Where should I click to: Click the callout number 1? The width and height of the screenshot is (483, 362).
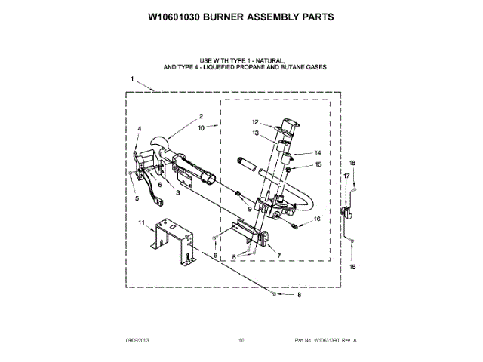[x=132, y=79]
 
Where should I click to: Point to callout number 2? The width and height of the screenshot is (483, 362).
[x=202, y=116]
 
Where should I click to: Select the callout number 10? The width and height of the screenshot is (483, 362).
[x=201, y=128]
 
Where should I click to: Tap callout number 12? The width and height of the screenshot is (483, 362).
[x=255, y=122]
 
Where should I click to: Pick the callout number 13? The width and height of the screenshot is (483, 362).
[x=255, y=133]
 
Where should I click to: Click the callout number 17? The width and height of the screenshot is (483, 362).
[x=347, y=176]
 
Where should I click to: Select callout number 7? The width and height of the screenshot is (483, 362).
[x=279, y=256]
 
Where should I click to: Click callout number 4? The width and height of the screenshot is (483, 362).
[x=139, y=129]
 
